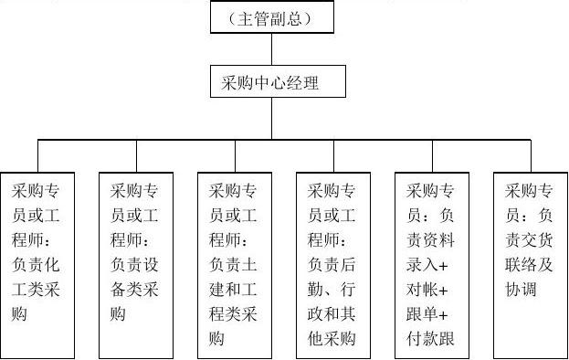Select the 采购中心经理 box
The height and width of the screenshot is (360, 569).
click(270, 82)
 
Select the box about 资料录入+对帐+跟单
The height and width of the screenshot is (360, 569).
click(432, 265)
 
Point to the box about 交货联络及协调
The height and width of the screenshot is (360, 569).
click(530, 265)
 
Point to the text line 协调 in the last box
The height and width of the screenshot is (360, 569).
click(519, 291)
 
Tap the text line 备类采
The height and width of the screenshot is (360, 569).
click(136, 291)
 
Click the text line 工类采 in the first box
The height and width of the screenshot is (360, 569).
click(37, 291)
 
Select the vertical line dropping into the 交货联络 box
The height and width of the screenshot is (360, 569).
click(530, 154)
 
